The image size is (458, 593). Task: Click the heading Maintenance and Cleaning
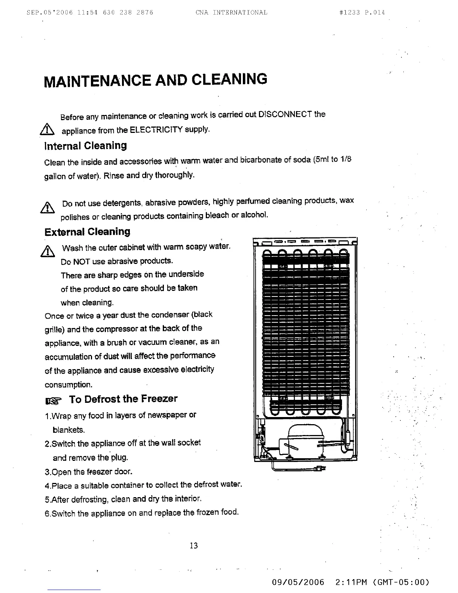point(155,80)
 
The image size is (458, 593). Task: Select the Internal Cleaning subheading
point(85,146)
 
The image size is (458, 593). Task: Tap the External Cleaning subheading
point(87,232)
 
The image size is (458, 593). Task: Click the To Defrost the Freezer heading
point(123,399)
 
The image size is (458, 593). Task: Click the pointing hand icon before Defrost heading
point(52,401)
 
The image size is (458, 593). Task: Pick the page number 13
point(193,545)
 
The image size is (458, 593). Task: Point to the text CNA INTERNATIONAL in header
point(231,12)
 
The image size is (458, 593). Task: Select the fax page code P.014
point(374,12)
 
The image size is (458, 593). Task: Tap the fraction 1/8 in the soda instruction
point(345,159)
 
